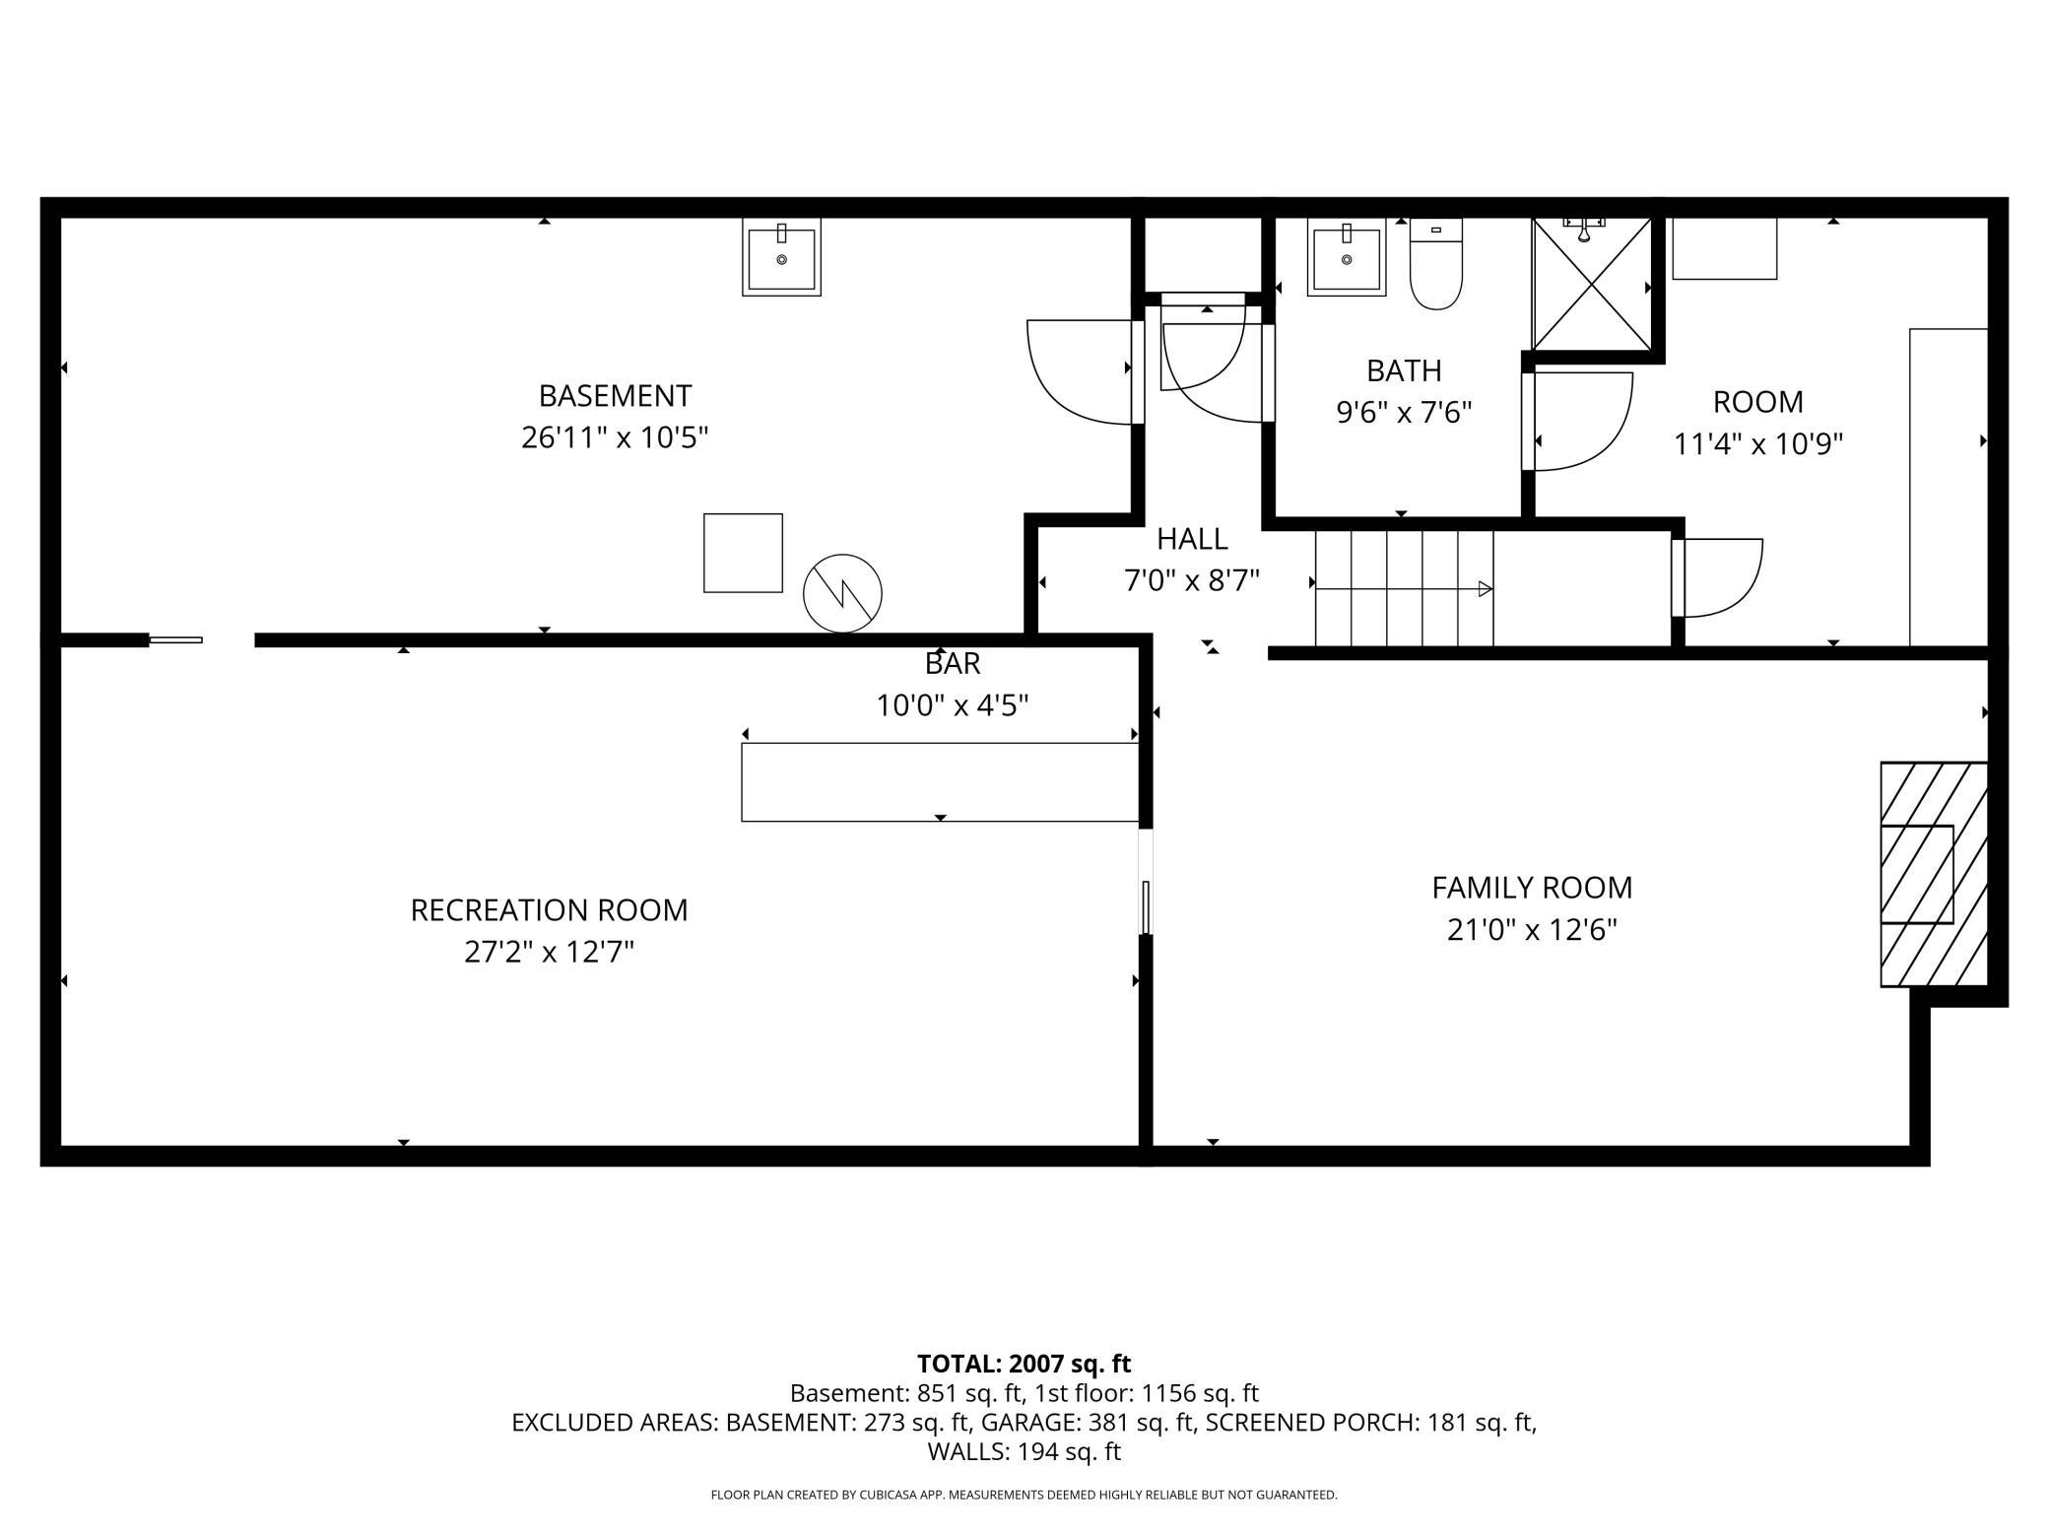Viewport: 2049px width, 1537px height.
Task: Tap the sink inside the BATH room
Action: coord(1346,258)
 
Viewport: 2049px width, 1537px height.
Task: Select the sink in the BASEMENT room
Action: coord(781,259)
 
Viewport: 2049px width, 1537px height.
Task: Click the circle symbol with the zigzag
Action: coord(842,593)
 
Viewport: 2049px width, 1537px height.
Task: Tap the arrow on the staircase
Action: coord(1485,589)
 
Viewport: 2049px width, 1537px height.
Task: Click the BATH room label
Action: coord(1403,370)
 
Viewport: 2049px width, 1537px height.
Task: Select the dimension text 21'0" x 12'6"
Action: coord(1532,929)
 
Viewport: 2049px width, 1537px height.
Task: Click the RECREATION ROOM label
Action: coord(549,909)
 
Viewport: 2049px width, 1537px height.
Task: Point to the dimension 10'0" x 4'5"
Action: coord(952,705)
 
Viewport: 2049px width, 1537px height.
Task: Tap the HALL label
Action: coord(1191,539)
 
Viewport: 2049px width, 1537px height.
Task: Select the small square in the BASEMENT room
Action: coord(743,553)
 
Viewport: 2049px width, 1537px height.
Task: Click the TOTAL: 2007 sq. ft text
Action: coord(1024,1364)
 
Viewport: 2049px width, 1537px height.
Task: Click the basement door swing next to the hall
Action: coord(1079,372)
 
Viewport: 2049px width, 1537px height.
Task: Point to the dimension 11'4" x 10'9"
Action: coord(1757,444)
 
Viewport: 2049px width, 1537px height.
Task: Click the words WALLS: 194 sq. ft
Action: coord(1024,1451)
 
